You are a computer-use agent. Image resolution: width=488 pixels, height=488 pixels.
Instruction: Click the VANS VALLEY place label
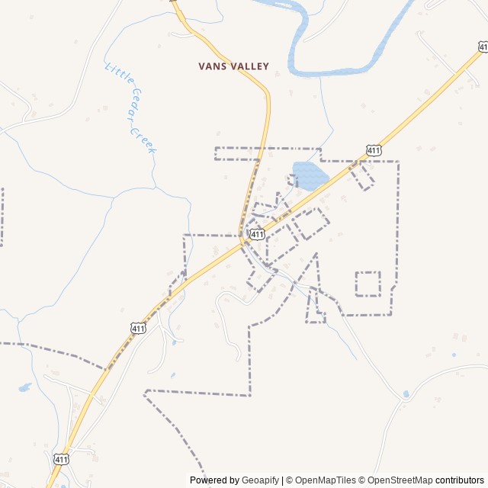click(233, 66)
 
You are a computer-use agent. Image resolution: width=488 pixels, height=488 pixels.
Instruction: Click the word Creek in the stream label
click(145, 139)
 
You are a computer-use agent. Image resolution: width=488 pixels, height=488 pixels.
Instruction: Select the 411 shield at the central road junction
click(257, 234)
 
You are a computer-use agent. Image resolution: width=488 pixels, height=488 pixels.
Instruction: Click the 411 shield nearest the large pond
click(373, 150)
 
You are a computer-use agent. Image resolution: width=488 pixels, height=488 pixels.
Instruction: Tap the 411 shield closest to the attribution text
click(61, 458)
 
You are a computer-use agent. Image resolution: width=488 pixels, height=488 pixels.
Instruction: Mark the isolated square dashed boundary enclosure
click(368, 284)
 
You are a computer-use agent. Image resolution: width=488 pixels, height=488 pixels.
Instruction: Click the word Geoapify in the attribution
click(261, 480)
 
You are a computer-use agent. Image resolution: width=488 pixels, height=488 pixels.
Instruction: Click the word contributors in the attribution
click(460, 480)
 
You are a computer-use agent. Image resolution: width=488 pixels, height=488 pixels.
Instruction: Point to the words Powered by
click(215, 480)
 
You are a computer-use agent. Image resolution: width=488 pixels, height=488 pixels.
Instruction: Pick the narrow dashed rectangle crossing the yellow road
click(267, 153)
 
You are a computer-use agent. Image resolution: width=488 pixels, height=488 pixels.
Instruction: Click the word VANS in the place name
click(211, 66)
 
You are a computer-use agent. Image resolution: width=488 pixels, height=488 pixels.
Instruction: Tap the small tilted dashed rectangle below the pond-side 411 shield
click(362, 175)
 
